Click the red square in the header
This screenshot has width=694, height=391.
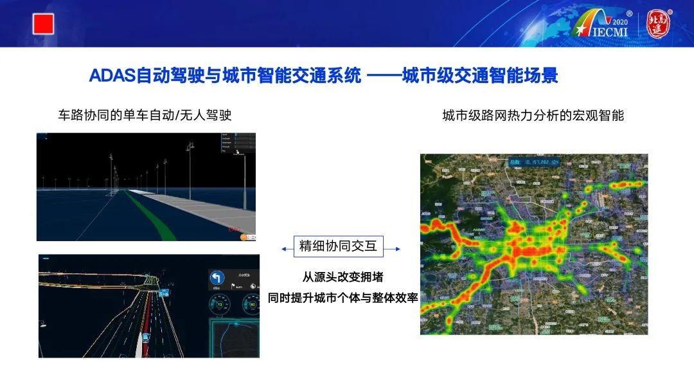(x=43, y=24)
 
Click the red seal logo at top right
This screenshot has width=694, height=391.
(x=657, y=24)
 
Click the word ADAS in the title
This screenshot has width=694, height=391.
(x=112, y=76)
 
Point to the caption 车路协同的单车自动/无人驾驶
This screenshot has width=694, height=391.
(x=145, y=115)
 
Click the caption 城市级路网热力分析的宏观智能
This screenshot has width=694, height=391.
(x=533, y=116)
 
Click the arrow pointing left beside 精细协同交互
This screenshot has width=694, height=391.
(x=285, y=249)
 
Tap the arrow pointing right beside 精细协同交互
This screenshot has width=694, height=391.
(x=396, y=249)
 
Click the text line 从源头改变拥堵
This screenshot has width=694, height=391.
(x=343, y=277)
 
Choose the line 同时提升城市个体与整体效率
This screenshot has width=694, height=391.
(x=343, y=298)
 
